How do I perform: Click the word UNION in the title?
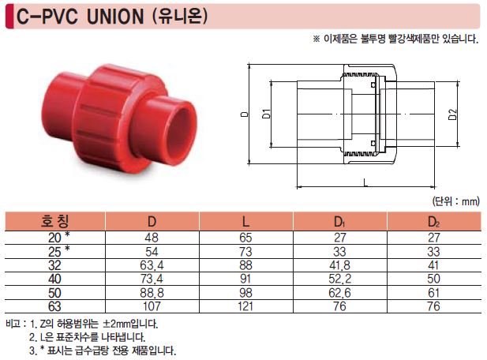[115, 17]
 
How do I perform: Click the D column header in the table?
[152, 222]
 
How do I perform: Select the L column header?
[245, 222]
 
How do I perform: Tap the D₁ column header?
[339, 222]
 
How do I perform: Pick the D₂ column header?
[433, 222]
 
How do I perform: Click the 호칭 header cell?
[54, 221]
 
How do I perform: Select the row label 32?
[54, 265]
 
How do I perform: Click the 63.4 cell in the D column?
[152, 265]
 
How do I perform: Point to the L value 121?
[245, 306]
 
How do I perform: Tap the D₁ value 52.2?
[339, 279]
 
